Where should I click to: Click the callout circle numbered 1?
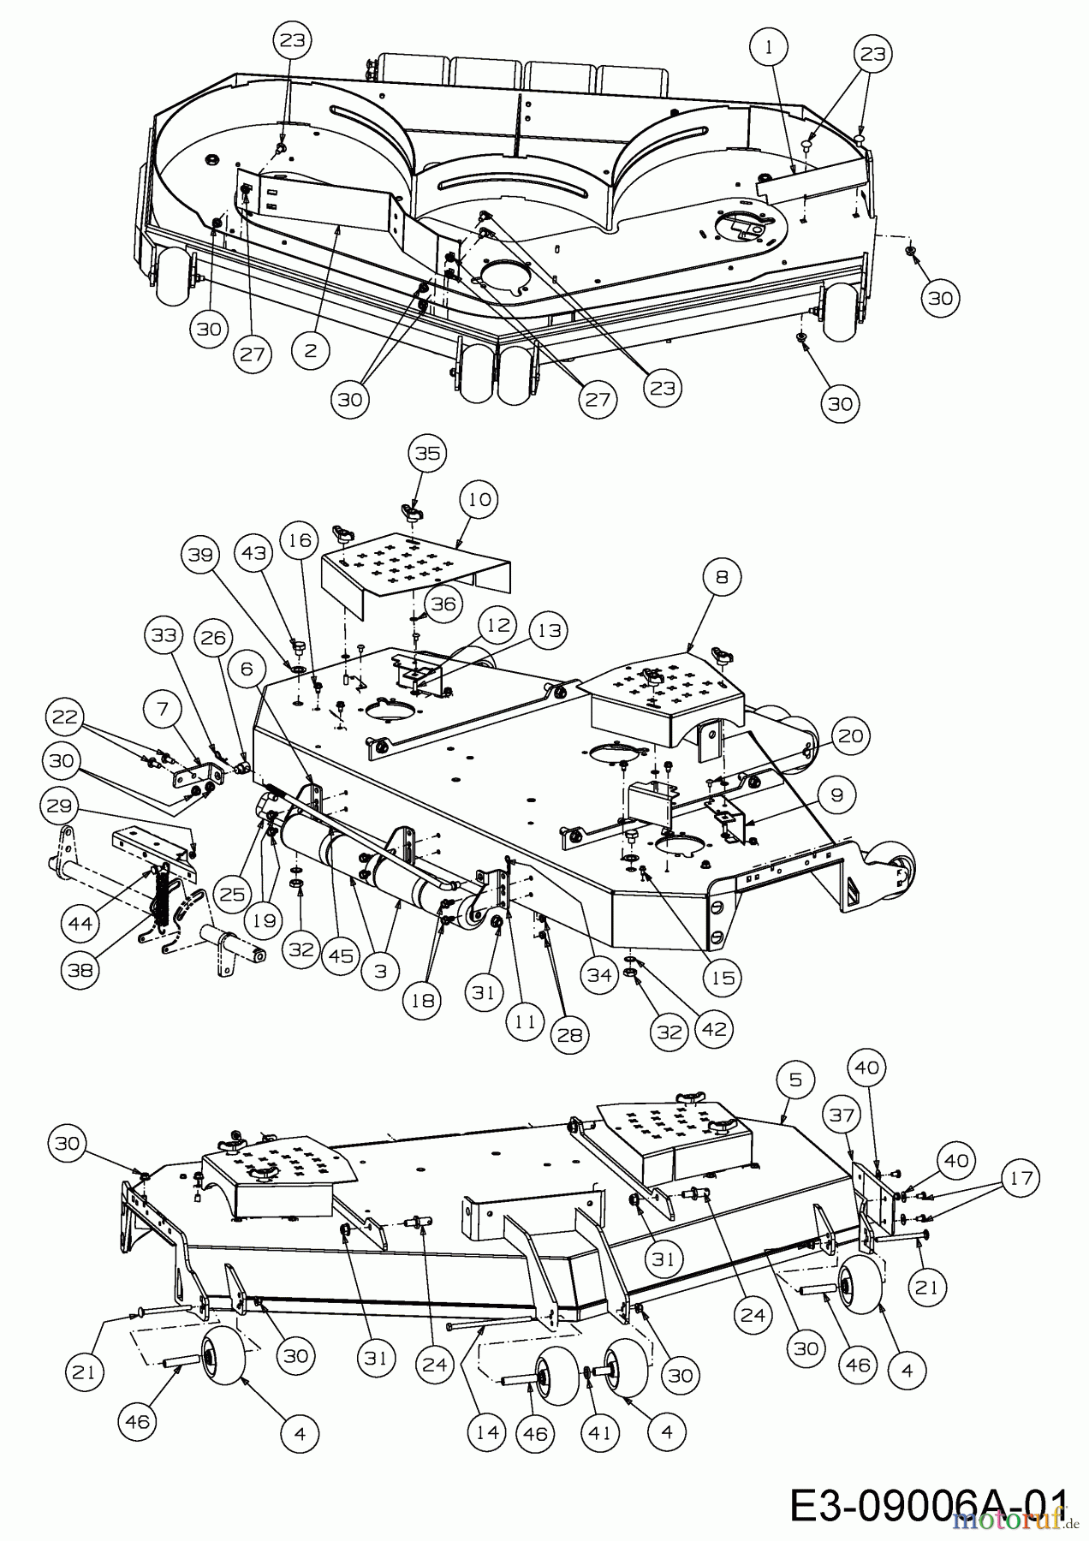coord(769,49)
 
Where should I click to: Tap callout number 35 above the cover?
coord(427,453)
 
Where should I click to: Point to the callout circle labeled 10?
coord(481,499)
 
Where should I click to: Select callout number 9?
coord(836,794)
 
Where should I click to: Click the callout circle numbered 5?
coord(796,1080)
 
